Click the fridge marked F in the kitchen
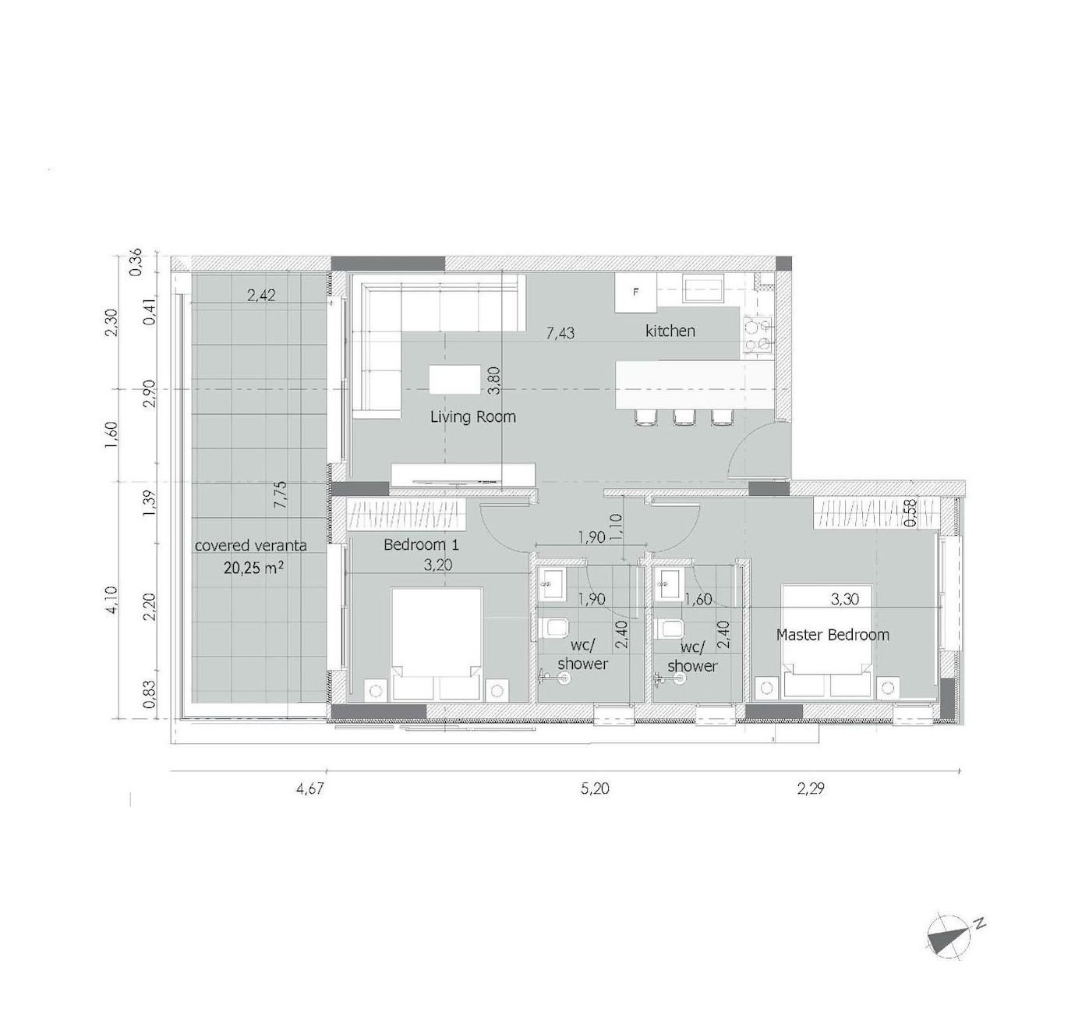point(635,292)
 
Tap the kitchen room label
point(670,331)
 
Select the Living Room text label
point(472,416)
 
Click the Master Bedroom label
point(833,635)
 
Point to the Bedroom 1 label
point(421,544)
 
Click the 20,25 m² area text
point(253,568)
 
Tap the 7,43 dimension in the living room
point(560,333)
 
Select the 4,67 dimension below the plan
point(310,789)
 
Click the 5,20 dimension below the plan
point(595,789)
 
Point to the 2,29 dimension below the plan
point(811,789)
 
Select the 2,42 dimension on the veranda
point(261,296)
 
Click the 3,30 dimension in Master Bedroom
point(844,599)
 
